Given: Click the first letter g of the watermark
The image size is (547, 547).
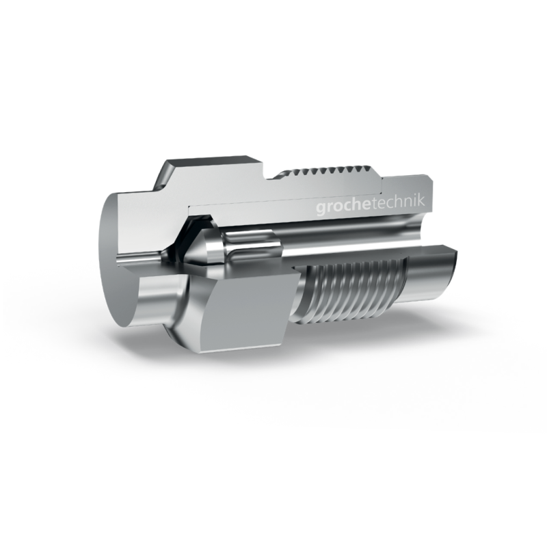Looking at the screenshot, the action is point(321,209).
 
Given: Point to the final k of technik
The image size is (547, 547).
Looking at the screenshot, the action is point(421,202).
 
